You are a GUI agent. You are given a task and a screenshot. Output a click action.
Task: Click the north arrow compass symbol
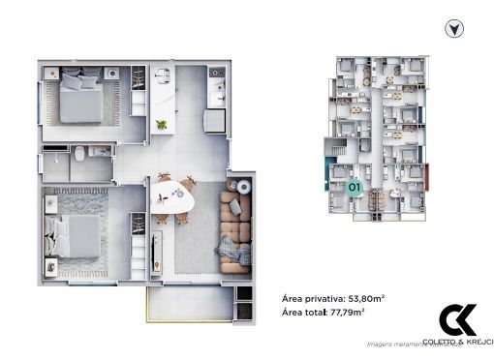pos(452,29)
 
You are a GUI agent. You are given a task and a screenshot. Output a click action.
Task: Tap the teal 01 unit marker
pos(355,186)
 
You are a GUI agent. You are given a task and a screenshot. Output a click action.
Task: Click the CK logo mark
pos(457,319)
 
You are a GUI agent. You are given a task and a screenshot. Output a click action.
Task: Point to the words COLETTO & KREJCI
pos(458,342)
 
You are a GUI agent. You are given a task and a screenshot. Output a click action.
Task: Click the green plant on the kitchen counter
pos(161,123)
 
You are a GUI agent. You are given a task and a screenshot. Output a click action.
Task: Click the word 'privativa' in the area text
pos(323,298)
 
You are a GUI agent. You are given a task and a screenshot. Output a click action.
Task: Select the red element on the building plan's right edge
pos(427,178)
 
